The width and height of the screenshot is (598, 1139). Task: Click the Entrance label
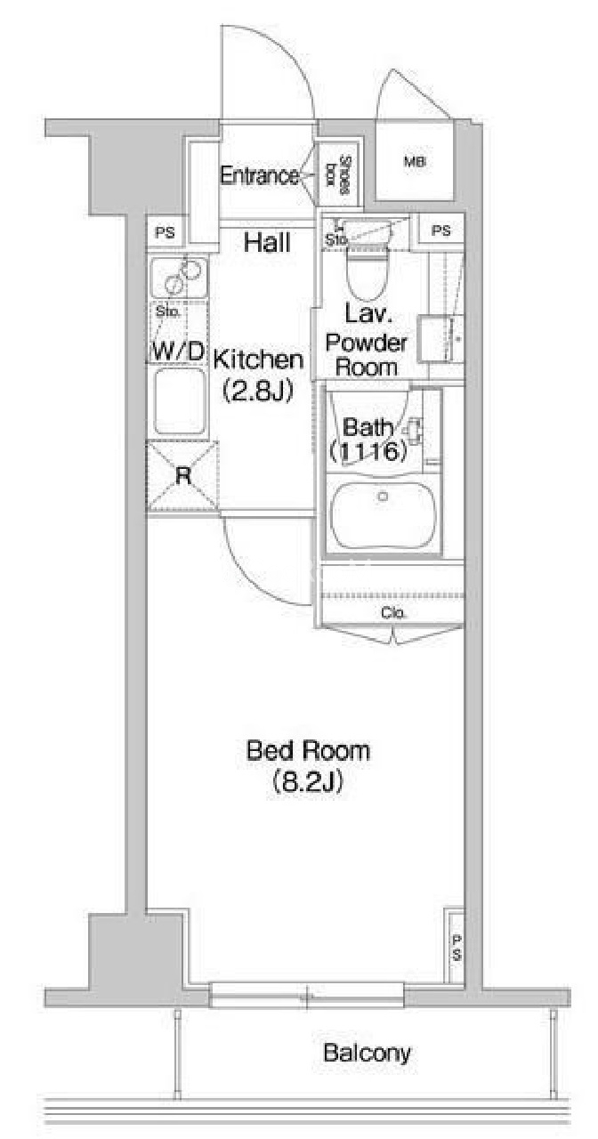coord(259,176)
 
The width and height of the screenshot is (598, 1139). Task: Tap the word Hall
coord(268,242)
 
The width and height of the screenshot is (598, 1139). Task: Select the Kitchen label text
coord(258,359)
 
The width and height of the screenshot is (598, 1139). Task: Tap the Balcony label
coord(368,1053)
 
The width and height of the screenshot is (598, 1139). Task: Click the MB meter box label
coord(415,162)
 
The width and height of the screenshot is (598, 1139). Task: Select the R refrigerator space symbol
coord(183,476)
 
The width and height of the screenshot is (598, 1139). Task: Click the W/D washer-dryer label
coord(178,351)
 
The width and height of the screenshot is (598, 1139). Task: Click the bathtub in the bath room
coord(383,515)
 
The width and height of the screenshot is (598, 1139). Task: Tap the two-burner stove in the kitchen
coord(179,278)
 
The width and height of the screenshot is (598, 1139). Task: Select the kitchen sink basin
coord(180,401)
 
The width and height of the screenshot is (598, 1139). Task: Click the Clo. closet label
coord(394,613)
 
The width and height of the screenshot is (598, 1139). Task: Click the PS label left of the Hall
coord(165,233)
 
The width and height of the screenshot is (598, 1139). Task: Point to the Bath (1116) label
coord(368,439)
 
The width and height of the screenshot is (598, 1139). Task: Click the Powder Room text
coord(367,355)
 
